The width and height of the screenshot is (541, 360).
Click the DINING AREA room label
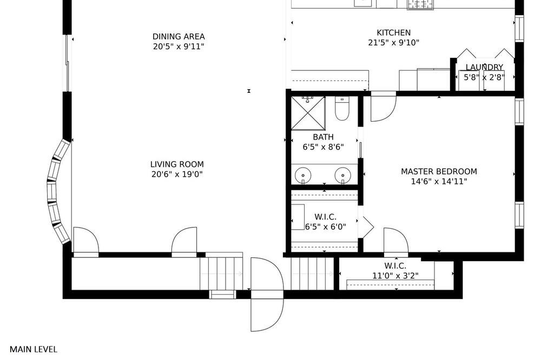coord(179,37)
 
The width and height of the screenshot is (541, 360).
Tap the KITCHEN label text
coord(393,33)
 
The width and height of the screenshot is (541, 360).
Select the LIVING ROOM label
coord(177,164)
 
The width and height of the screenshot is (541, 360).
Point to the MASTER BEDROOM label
coord(439,171)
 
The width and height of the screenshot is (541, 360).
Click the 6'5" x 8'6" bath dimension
coord(324,147)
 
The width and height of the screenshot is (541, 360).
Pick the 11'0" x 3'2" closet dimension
coord(395,276)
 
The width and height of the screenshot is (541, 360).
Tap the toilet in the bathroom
coord(342,109)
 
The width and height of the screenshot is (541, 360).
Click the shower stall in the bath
coord(308,113)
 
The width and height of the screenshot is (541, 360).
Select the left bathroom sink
coord(303,176)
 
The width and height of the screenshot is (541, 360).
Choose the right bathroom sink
coord(342,176)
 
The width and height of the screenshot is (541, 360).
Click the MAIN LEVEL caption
coord(34,349)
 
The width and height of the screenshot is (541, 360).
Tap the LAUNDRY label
coord(484,67)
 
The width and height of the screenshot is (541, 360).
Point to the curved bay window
coord(58,192)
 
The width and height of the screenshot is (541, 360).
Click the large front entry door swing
coord(267,295)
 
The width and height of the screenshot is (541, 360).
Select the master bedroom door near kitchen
coord(384,106)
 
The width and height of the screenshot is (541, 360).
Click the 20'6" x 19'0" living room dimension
coord(177,175)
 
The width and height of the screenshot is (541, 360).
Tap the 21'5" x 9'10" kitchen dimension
coord(394,43)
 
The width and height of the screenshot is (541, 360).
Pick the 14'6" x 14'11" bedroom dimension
coord(439,182)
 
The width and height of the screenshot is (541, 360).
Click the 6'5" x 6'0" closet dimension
coord(325,227)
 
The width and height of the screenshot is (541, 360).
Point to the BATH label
coord(324,137)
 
